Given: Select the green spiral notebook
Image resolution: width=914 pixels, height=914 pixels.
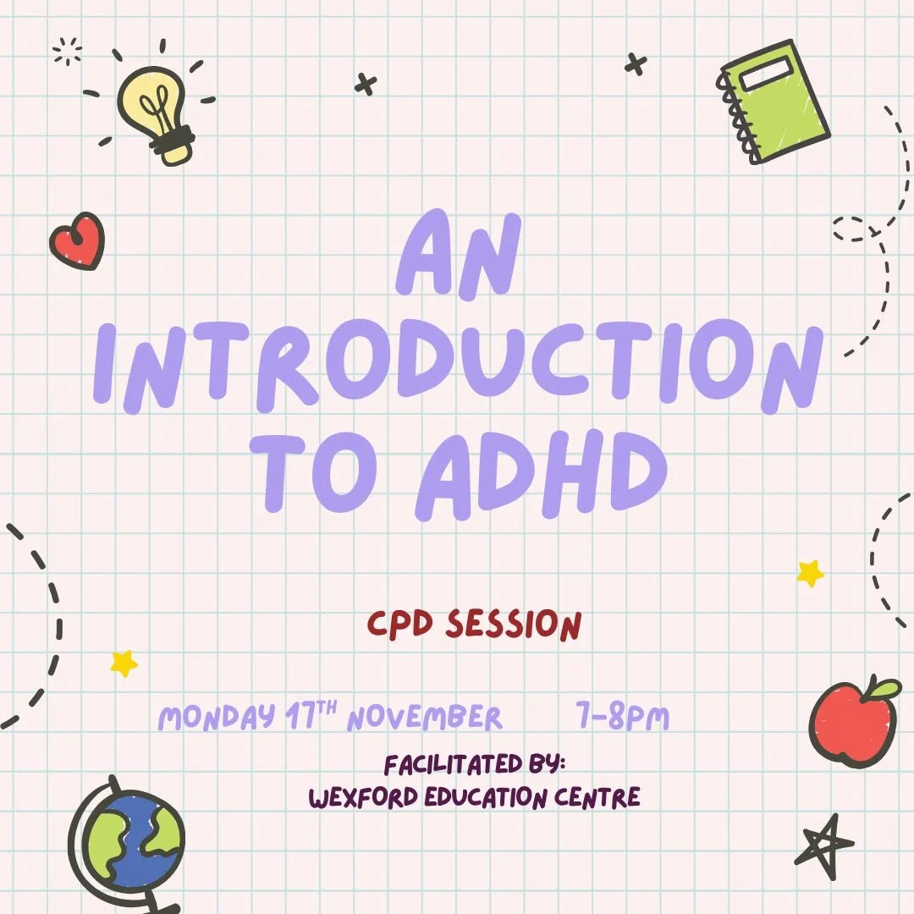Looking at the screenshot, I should pyautogui.click(x=774, y=102).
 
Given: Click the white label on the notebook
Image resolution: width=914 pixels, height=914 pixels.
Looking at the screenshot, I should pyautogui.click(x=766, y=74).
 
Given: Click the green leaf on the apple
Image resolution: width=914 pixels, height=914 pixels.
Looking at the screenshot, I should pyautogui.click(x=882, y=689).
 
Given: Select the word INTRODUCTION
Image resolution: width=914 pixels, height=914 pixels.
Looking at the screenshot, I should pyautogui.click(x=458, y=367).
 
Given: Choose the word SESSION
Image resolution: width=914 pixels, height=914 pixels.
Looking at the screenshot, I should pyautogui.click(x=513, y=625).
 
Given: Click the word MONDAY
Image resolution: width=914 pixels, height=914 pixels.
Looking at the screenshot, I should pyautogui.click(x=215, y=719).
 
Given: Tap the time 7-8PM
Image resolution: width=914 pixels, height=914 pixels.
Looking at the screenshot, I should pyautogui.click(x=620, y=719).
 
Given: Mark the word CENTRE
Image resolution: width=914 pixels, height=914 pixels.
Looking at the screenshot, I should pyautogui.click(x=596, y=797).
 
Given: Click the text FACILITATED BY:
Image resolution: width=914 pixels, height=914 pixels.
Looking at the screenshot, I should pyautogui.click(x=475, y=765).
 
